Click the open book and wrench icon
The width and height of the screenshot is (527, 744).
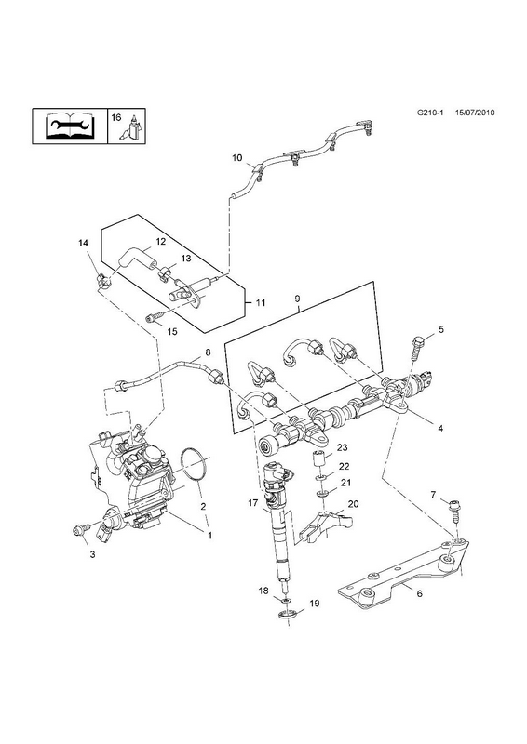71,126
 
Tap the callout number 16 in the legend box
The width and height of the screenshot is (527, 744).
116,118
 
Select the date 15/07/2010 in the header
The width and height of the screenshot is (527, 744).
475,113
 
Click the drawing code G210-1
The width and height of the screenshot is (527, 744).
430,113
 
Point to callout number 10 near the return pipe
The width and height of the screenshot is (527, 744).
237,157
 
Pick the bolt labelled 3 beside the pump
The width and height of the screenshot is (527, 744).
80,529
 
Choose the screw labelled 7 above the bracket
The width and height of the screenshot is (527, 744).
453,511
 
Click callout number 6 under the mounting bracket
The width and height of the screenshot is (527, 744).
419,593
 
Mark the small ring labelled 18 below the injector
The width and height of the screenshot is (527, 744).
285,601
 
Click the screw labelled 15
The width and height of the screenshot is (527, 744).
156,316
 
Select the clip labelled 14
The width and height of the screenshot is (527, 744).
102,281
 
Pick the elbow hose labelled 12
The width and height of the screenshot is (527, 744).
135,259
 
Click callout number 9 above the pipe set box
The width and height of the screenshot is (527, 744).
297,299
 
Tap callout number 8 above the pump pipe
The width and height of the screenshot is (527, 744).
208,352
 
